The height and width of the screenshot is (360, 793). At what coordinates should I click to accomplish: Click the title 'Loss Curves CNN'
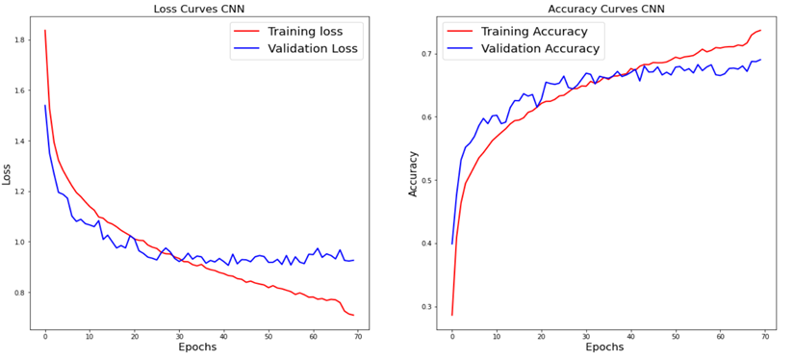pos(200,9)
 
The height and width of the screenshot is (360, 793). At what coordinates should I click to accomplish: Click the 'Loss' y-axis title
pos(8,173)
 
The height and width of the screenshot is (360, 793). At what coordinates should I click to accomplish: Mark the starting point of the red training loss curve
pos(44,30)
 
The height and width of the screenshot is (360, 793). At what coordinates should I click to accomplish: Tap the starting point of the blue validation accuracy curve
pos(452,244)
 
